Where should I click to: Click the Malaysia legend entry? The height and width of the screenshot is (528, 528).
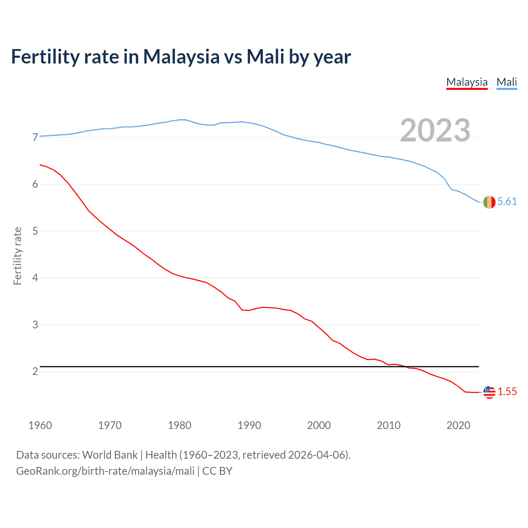(467, 82)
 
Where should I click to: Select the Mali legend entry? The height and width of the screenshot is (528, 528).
(507, 82)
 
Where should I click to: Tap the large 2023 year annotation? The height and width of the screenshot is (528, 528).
(435, 130)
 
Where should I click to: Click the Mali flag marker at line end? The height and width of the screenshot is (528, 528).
(489, 202)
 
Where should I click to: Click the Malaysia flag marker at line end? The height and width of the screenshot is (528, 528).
(489, 392)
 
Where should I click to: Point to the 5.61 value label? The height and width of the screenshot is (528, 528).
(507, 201)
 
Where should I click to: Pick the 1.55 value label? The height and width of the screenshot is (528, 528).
(507, 391)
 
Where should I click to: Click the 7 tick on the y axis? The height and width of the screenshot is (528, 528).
(35, 137)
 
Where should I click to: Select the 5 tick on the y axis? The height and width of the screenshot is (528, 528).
(35, 231)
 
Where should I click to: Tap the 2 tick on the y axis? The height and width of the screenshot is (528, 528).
(35, 372)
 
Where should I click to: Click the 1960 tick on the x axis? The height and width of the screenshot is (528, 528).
(40, 425)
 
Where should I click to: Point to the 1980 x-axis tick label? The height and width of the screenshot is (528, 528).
(179, 425)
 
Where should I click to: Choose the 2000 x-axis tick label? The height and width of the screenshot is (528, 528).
(319, 425)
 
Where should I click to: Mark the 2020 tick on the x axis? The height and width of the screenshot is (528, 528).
(458, 425)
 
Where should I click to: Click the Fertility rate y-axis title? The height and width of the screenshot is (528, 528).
(17, 256)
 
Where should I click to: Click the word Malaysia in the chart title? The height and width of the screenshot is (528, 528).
(181, 57)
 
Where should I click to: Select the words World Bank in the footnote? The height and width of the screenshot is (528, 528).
(110, 455)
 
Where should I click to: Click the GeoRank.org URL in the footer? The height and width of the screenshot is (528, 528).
(105, 471)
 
